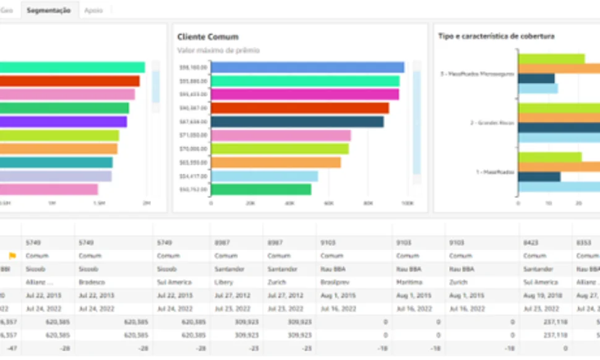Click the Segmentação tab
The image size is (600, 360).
48,11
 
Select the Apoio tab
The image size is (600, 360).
93,11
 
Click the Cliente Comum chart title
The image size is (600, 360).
208,37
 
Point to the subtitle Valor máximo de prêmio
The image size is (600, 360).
218,50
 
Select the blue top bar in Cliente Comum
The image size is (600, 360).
307,67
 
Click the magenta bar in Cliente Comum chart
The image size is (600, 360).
304,95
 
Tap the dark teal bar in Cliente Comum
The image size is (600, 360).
297,122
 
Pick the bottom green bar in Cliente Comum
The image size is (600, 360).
261,189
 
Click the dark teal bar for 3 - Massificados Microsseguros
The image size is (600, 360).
536,79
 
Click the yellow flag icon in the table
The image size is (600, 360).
12,255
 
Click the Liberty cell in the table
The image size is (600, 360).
223,281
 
